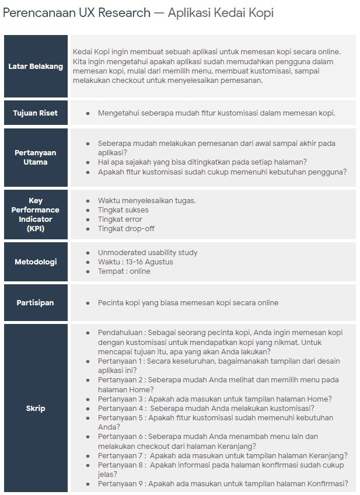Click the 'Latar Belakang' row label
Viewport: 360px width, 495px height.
(x=36, y=66)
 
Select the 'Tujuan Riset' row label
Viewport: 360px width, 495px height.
(x=36, y=113)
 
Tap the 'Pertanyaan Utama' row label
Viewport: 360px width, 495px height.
(x=36, y=157)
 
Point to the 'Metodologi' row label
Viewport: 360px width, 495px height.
(x=36, y=262)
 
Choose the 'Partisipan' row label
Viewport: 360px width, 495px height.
(x=36, y=302)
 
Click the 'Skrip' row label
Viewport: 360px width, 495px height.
(x=36, y=408)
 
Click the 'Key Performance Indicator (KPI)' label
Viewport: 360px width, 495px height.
(x=36, y=214)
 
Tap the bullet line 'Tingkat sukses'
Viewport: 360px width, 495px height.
(x=123, y=210)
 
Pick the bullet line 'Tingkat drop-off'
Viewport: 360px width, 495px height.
(x=126, y=228)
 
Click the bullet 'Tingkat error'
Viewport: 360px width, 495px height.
(x=120, y=219)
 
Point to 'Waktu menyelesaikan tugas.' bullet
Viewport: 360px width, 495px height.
(x=146, y=200)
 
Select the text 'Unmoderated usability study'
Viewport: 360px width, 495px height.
(x=148, y=252)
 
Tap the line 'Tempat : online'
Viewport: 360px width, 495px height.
(x=124, y=271)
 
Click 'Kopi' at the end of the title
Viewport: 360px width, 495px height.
(x=261, y=13)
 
